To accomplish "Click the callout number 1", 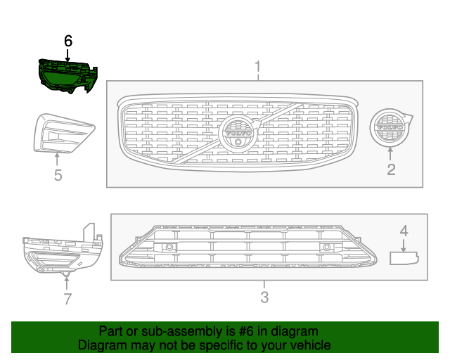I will [257, 67].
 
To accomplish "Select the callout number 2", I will [391, 169].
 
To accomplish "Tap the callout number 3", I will [264, 297].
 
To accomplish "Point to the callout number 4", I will [404, 230].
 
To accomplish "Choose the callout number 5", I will [58, 174].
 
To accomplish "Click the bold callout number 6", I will [67, 41].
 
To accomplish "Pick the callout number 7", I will [67, 299].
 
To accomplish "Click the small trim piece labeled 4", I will [404, 258].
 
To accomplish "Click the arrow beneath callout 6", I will [67, 55].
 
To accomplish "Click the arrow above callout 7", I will [67, 281].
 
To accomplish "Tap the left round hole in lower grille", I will [169, 247].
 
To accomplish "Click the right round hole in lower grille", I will [328, 247].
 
